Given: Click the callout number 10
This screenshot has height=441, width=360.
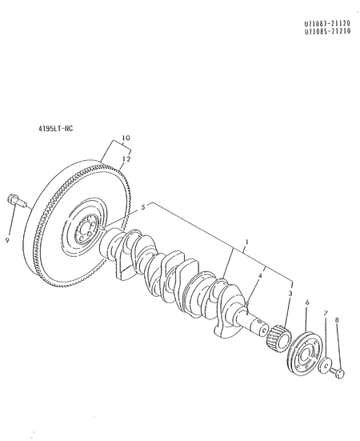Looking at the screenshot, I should pyautogui.click(x=125, y=138).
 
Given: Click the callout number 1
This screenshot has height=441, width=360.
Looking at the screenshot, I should pyautogui.click(x=247, y=241).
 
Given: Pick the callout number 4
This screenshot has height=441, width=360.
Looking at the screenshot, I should pyautogui.click(x=259, y=277).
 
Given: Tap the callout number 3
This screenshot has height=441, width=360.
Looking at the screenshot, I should pyautogui.click(x=289, y=295).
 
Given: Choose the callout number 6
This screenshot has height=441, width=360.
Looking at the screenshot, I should pyautogui.click(x=307, y=303).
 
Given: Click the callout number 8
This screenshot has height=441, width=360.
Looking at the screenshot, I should pyautogui.click(x=337, y=320).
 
